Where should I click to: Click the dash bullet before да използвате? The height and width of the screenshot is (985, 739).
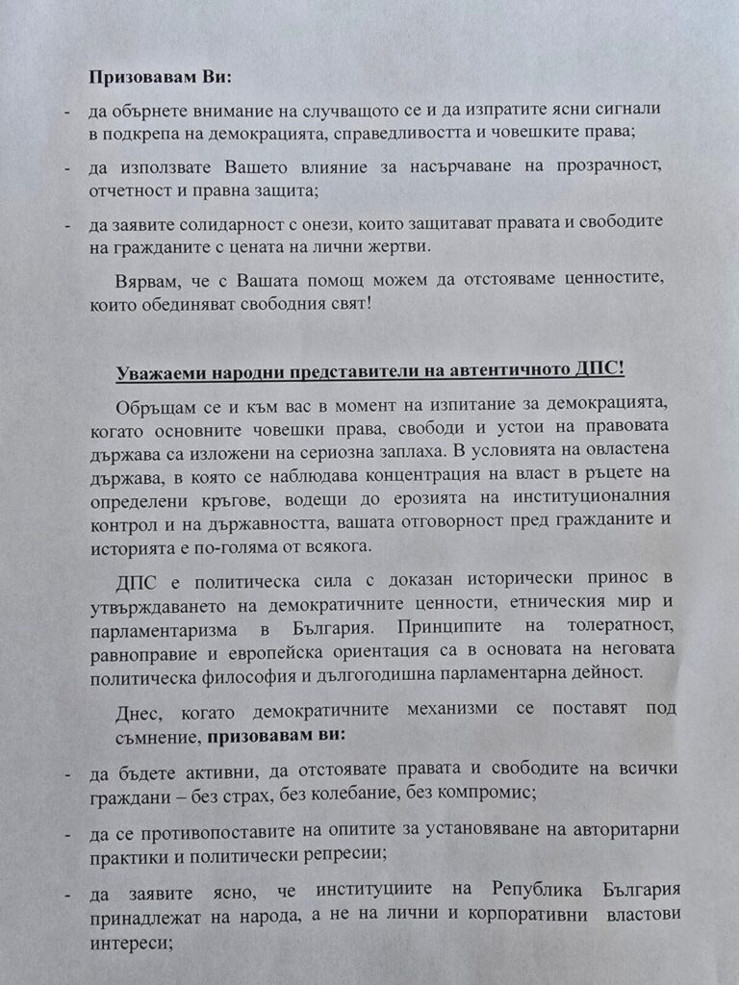[x=66, y=167]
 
